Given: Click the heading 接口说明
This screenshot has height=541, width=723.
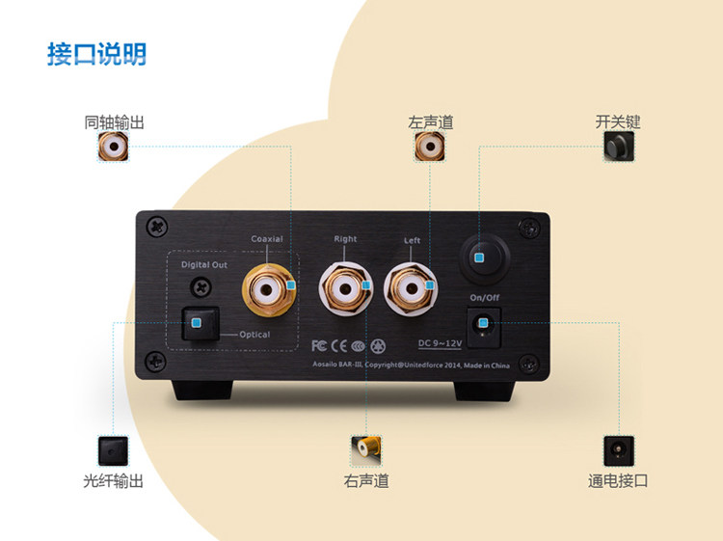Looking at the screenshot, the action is [96, 54].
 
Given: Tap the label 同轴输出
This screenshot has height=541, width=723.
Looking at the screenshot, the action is [114, 122].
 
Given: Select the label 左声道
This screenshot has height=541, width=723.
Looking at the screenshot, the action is [430, 122].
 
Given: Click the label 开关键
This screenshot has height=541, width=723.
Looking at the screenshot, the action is [618, 122].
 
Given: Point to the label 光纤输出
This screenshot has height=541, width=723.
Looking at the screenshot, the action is [113, 480].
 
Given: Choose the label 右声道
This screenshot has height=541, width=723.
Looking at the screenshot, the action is [366, 480].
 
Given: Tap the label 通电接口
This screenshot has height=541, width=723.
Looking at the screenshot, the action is [618, 480].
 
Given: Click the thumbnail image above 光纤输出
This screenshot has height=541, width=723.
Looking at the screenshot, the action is [113, 450].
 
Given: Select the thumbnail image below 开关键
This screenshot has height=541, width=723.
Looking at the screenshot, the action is [618, 148].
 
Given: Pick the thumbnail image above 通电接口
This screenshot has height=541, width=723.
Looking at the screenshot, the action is [618, 450].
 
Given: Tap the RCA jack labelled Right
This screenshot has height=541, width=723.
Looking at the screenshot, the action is [345, 286].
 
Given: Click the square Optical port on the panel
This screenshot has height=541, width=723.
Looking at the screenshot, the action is [198, 323].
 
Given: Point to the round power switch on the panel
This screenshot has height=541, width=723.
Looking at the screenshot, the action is [479, 255].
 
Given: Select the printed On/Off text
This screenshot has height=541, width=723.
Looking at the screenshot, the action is [483, 297].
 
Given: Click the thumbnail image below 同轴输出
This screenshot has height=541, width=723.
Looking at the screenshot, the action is [113, 148].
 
